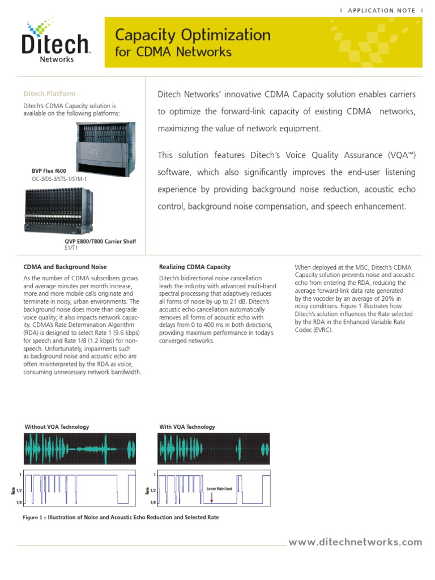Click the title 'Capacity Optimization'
point(193,36)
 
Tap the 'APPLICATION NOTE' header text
point(382,10)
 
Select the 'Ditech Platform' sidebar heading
point(49,93)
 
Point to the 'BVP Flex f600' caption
point(49,170)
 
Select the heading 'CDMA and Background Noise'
point(65,267)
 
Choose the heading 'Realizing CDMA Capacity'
point(195,267)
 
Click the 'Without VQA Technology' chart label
point(57,427)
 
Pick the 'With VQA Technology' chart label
point(187,427)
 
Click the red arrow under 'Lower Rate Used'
point(211,497)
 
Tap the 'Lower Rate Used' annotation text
point(219,488)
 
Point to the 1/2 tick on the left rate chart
point(19,489)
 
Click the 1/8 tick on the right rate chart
point(153,502)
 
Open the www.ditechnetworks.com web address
point(355,542)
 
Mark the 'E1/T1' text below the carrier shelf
point(71,248)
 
